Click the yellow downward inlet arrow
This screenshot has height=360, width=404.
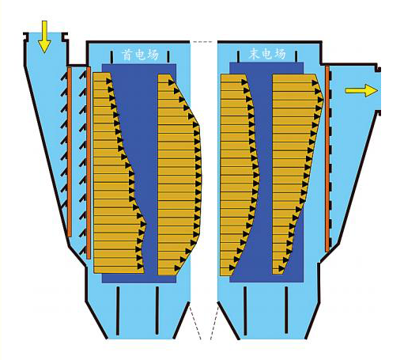tap(44, 36)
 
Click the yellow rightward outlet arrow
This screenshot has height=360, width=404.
tap(361, 90)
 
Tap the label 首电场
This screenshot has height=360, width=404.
tap(140, 55)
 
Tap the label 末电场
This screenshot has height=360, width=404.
tap(267, 54)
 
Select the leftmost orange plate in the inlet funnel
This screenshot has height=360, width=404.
tap(70, 152)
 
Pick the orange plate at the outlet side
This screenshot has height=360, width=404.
tap(327, 158)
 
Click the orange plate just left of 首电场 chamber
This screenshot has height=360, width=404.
tap(89, 163)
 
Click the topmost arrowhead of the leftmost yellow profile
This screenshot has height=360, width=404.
tap(109, 81)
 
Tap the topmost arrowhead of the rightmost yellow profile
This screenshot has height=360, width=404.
tap(315, 83)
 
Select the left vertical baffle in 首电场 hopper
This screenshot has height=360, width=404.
tap(118, 310)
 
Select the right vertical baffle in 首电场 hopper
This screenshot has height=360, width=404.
tap(157, 310)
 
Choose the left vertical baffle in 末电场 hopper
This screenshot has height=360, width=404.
tap(245, 310)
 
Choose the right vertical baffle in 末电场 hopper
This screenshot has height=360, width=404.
tap(286, 310)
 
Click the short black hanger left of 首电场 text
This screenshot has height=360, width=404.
tap(111, 57)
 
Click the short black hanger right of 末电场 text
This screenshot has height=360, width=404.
tap(296, 56)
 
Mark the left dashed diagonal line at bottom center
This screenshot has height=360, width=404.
tap(195, 321)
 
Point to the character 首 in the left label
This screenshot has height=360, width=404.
tap(126, 55)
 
